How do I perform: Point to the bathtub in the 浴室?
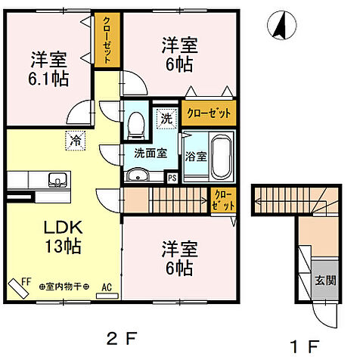220,154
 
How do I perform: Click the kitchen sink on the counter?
56,180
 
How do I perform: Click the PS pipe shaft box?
172,178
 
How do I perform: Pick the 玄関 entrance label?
327,279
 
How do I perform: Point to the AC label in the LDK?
107,287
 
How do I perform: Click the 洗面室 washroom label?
146,151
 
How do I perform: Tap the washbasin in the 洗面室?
138,176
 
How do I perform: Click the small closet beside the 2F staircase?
224,200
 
